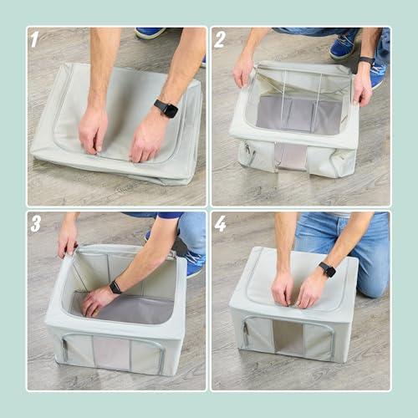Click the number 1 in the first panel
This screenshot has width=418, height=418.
coord(34,39)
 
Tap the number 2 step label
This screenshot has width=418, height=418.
coord(220,39)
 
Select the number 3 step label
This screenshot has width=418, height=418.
coord(35,224)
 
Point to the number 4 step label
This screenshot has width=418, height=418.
coord(220,224)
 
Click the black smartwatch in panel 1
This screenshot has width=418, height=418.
coord(166,108)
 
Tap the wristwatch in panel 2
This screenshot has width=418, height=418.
coord(366,61)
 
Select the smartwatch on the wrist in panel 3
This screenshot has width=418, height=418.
coord(115,287)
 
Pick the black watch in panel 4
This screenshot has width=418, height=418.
coord(327,269)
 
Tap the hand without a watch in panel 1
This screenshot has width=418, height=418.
coord(93,130)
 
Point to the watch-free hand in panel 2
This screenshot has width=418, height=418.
coord(243,70)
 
